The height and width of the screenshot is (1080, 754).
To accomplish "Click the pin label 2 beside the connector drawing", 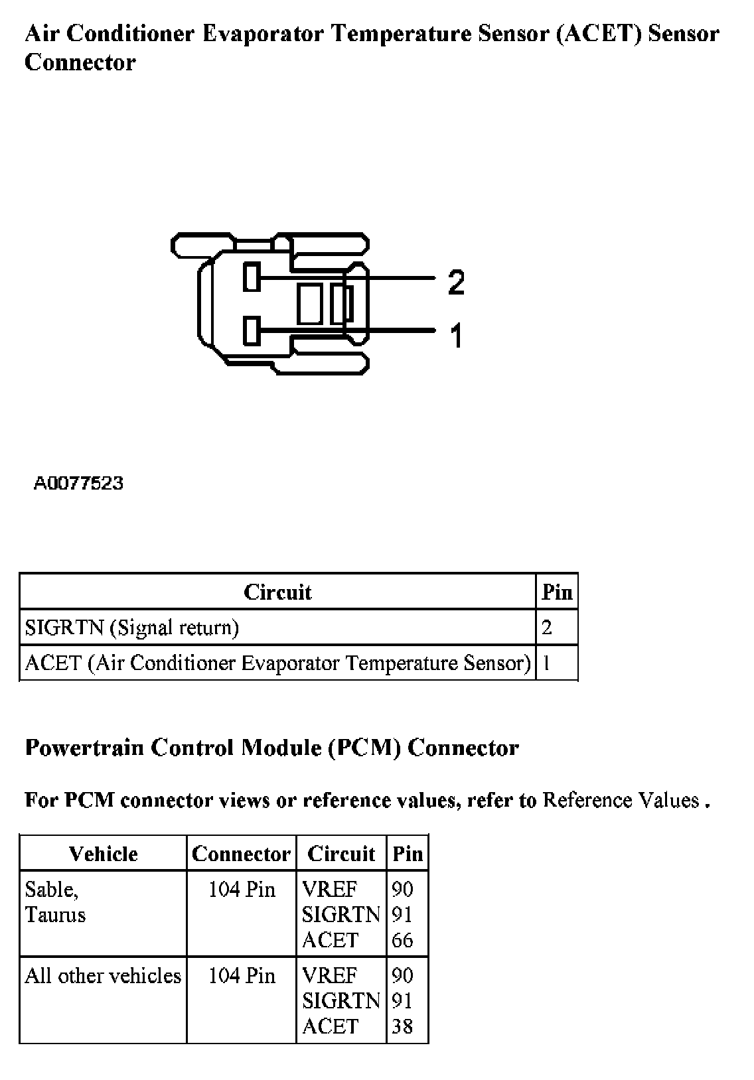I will pos(456,283).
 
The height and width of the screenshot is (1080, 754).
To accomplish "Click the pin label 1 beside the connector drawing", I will pos(456,335).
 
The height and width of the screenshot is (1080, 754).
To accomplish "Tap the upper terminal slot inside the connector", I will pos(251,277).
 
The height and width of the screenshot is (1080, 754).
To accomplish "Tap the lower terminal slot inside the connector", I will pos(251,331).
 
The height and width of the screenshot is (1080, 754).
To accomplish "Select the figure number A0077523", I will pos(78,483).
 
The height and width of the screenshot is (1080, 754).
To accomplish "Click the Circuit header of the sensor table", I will pos(277,592).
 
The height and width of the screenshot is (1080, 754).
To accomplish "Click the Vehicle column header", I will pos(103,854).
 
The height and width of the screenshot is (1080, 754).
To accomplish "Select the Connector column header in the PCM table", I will pos(241,854).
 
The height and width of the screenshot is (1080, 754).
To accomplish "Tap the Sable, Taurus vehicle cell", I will pos(56,902).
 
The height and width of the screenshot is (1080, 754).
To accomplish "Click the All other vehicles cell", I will pos(103,976).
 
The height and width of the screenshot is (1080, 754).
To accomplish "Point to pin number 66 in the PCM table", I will pos(402,940).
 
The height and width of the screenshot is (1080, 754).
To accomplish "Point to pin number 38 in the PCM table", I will pos(402,1026).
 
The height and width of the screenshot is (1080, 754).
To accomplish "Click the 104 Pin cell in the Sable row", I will pos(242,890).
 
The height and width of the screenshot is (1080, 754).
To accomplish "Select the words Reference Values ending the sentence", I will pos(621,800).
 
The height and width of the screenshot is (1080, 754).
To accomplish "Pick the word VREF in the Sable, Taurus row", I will pos(329,889).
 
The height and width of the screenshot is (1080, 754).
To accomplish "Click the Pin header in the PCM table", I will pos(408,854).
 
